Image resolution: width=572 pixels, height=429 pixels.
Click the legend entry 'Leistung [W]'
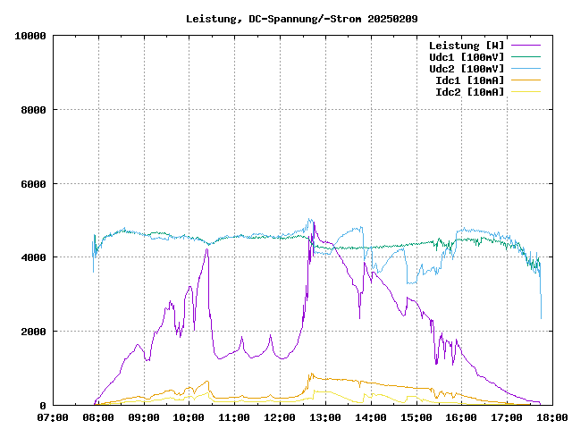click(x=466, y=46)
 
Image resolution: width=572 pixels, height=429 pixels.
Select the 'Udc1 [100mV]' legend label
click(x=466, y=57)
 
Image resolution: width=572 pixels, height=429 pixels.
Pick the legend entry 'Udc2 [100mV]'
click(x=466, y=69)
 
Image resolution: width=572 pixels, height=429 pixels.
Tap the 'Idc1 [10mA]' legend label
click(x=469, y=80)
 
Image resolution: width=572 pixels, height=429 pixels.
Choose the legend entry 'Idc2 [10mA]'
click(x=469, y=92)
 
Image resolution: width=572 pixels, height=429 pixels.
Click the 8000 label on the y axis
click(x=33, y=110)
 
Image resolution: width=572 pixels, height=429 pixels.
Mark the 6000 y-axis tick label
click(x=33, y=184)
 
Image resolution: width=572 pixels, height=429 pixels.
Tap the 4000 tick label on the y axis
click(x=33, y=257)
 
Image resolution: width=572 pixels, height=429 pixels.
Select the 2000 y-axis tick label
click(x=33, y=332)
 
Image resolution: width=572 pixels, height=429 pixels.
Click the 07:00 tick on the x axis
click(x=53, y=416)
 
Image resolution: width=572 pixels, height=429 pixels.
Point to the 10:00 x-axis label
click(x=189, y=416)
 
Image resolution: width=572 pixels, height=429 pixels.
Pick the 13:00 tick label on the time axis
click(x=325, y=416)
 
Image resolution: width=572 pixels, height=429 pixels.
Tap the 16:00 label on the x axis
click(x=461, y=416)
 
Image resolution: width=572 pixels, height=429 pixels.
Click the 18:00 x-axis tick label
click(x=551, y=416)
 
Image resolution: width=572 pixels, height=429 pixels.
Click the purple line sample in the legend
click(x=525, y=46)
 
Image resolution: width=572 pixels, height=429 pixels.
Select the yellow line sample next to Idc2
click(x=525, y=92)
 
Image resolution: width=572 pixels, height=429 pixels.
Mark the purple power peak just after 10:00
click(x=206, y=249)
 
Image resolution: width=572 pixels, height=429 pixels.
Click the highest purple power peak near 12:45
click(x=313, y=223)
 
